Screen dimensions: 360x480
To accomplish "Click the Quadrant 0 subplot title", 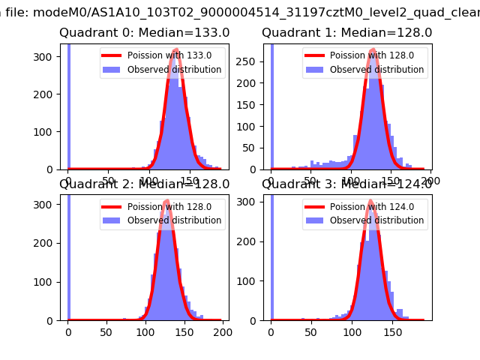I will tap(145, 33).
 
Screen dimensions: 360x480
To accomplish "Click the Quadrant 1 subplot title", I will tap(346, 33).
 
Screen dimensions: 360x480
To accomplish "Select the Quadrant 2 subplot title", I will tap(145, 184).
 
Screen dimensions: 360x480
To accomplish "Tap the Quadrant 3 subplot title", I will tap(346, 184).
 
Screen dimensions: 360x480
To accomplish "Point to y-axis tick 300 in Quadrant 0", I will tap(51, 57).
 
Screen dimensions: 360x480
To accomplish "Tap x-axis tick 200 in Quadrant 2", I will tap(222, 330).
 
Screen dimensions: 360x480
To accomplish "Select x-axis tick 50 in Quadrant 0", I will tap(109, 179).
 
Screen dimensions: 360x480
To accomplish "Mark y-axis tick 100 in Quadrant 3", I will tap(253, 281).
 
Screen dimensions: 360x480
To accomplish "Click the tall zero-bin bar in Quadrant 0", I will tap(69, 105).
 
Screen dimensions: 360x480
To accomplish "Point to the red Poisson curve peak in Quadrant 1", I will tap(373, 51).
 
